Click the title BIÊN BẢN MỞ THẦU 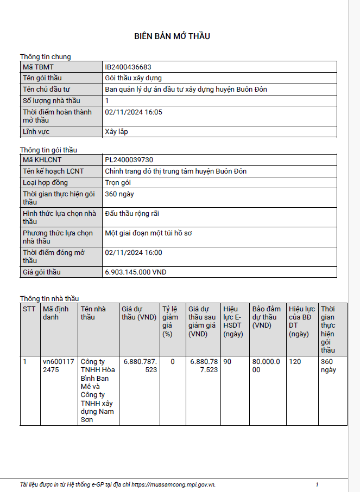172,36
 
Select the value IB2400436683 128,67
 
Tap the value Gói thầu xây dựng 133,78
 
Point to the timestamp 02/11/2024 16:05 134,112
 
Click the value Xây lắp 116,131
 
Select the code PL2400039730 129,160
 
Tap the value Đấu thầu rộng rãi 132,214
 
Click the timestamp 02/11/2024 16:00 134,253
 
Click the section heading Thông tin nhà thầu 49,298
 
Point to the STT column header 29,309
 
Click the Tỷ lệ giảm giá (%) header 170,321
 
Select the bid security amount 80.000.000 266,366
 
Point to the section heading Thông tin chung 46,56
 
